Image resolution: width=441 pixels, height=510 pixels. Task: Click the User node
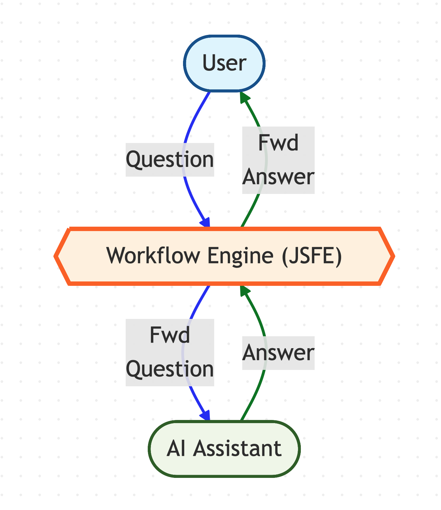click(224, 63)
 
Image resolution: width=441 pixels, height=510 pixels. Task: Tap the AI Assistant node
click(224, 449)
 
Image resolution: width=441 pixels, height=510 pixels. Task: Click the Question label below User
click(170, 160)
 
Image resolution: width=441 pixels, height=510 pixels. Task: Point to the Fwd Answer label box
click(278, 160)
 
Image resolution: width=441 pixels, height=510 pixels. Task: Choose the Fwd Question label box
click(170, 352)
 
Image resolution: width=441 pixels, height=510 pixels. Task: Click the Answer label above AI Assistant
click(278, 353)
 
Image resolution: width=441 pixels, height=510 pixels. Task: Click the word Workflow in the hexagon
click(153, 256)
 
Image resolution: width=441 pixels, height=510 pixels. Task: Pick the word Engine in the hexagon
click(240, 256)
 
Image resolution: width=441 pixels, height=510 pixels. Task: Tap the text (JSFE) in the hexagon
click(312, 256)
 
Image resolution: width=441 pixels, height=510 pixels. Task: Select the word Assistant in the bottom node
click(237, 449)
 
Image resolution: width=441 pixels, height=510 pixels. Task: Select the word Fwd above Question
click(170, 335)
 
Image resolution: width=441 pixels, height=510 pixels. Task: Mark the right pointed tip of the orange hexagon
click(392, 256)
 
